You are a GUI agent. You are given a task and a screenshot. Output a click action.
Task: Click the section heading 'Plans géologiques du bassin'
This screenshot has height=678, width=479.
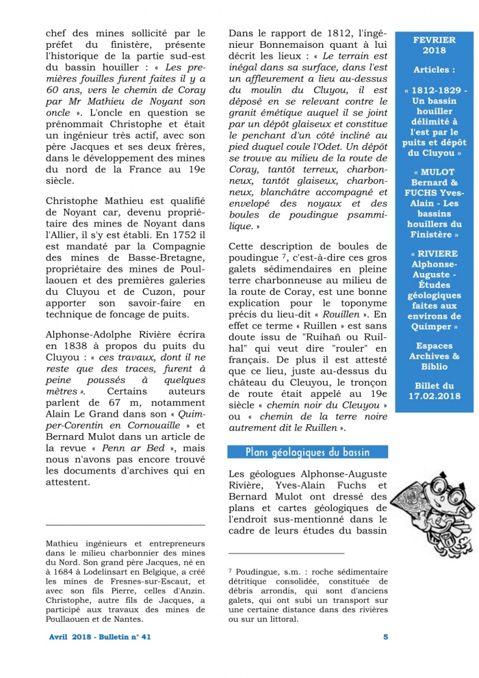[x=307, y=452]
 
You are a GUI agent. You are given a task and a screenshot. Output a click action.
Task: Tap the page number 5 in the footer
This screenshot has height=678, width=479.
[x=385, y=637]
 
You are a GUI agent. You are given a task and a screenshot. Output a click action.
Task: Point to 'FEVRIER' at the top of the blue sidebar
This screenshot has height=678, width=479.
[x=434, y=40]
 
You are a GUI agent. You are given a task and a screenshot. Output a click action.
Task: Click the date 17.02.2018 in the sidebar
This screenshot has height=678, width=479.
[x=434, y=396]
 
